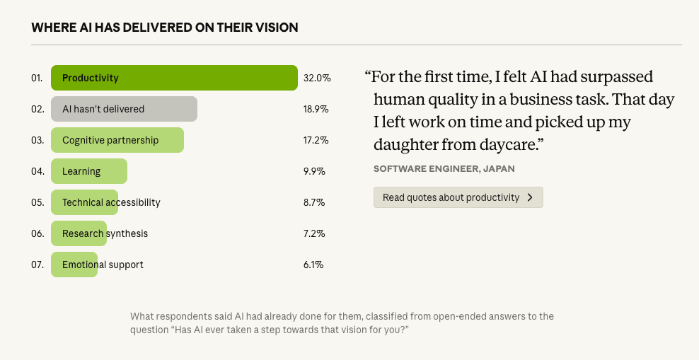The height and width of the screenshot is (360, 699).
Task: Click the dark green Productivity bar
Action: [x=173, y=78]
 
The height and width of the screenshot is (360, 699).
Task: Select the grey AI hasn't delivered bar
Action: [x=124, y=109]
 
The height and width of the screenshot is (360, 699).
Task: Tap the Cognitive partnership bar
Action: [x=117, y=140]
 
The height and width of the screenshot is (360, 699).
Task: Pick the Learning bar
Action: [x=88, y=171]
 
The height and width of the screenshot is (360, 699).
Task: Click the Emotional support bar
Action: [x=74, y=265]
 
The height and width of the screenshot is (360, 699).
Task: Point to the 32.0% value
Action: [x=317, y=78]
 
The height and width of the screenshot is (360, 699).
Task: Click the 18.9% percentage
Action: [x=316, y=109]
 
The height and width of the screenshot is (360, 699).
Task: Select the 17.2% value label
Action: [x=316, y=140]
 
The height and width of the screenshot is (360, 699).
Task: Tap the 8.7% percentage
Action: [x=313, y=202]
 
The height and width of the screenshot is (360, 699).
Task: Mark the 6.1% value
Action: [x=313, y=265]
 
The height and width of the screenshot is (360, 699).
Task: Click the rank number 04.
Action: [x=37, y=171]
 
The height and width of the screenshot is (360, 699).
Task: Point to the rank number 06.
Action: [x=37, y=233]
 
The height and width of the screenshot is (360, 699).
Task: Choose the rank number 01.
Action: [x=37, y=78]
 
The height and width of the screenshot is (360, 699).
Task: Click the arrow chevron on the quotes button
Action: [x=531, y=197]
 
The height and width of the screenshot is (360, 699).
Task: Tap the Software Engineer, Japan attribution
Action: [x=444, y=168]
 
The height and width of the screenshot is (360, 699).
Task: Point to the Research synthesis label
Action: [x=105, y=233]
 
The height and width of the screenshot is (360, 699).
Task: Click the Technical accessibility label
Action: [x=111, y=202]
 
